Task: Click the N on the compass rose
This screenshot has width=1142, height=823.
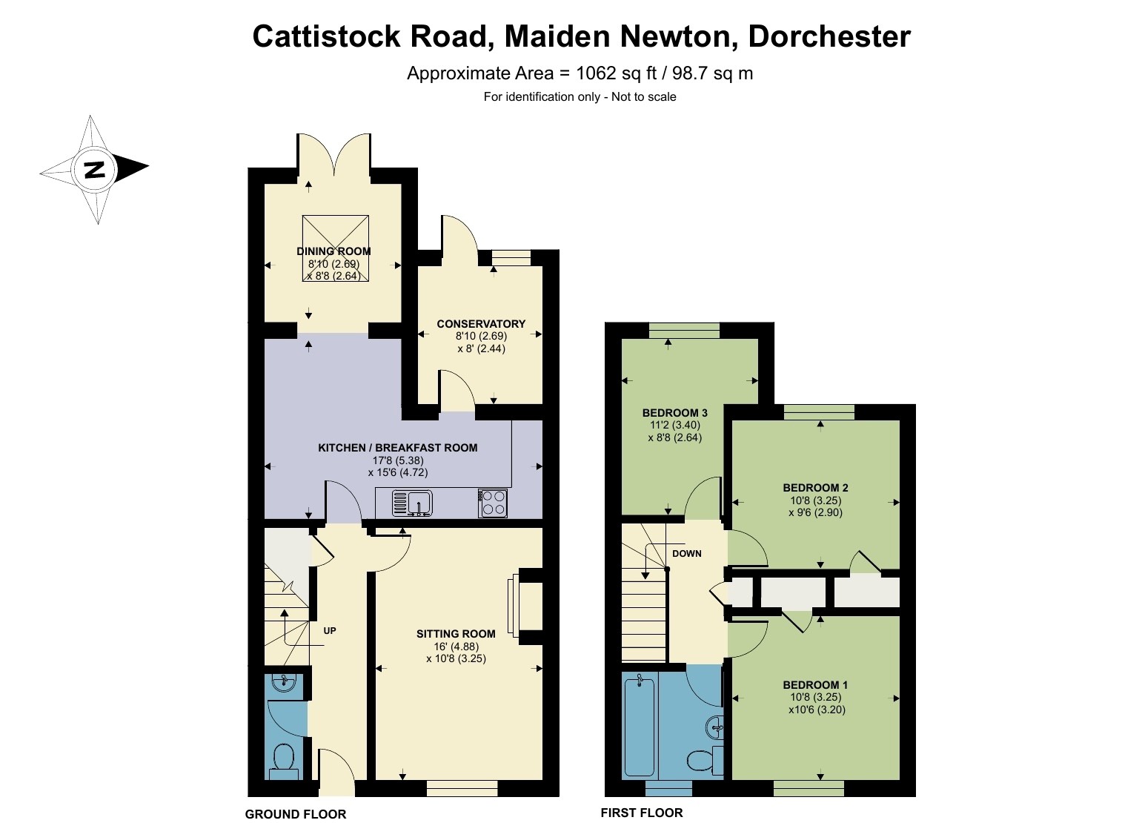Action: pyautogui.click(x=94, y=169)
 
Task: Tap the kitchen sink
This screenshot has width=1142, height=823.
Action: pyautogui.click(x=412, y=503)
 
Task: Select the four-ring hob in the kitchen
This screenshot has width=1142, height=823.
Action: pyautogui.click(x=493, y=503)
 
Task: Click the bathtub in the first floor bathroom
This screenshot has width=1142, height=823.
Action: pyautogui.click(x=640, y=725)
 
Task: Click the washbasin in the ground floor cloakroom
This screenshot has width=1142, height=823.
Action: pyautogui.click(x=285, y=683)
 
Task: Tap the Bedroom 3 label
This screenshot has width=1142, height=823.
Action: pyautogui.click(x=674, y=413)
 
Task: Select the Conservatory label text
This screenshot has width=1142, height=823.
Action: pyautogui.click(x=481, y=324)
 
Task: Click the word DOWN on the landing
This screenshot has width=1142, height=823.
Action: pyautogui.click(x=687, y=554)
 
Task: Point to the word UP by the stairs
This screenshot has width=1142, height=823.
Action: pyautogui.click(x=330, y=631)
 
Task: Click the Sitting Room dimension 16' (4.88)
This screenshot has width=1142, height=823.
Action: pyautogui.click(x=456, y=647)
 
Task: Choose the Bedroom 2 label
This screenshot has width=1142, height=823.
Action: pyautogui.click(x=815, y=488)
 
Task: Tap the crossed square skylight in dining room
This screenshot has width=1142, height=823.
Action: pyautogui.click(x=336, y=248)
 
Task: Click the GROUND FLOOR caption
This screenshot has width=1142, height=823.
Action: pyautogui.click(x=295, y=814)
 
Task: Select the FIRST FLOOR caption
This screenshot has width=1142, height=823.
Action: pyautogui.click(x=641, y=813)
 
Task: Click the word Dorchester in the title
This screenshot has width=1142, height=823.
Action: pyautogui.click(x=829, y=37)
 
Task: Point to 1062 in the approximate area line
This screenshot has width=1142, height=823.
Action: pyautogui.click(x=596, y=73)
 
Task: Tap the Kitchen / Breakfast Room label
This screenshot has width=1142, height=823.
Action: pyautogui.click(x=398, y=448)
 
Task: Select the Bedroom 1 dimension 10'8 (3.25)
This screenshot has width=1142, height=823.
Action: pyautogui.click(x=816, y=697)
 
